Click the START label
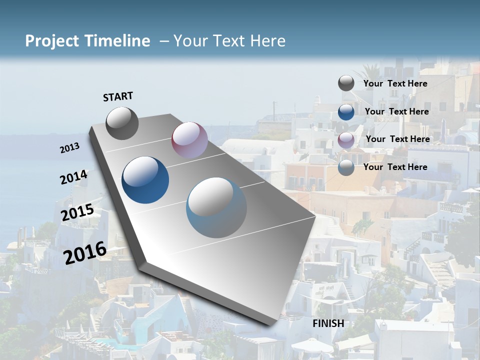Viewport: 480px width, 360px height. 118,96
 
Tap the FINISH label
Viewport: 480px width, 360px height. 328,323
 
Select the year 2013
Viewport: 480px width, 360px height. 70,148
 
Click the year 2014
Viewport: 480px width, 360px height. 73,177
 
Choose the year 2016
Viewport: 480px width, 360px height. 85,252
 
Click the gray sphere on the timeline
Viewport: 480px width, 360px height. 122,123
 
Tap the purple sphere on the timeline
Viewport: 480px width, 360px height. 189,140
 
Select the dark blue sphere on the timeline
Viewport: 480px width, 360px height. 145,180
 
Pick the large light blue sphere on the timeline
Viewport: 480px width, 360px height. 216,207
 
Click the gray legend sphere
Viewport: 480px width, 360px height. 346,83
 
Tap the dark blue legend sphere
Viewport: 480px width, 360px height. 346,111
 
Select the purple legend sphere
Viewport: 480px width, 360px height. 346,139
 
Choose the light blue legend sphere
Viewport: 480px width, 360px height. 346,167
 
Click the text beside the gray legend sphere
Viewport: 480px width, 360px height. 395,83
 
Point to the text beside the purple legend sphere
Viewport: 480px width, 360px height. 397,139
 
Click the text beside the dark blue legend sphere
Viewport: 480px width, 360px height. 396,111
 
